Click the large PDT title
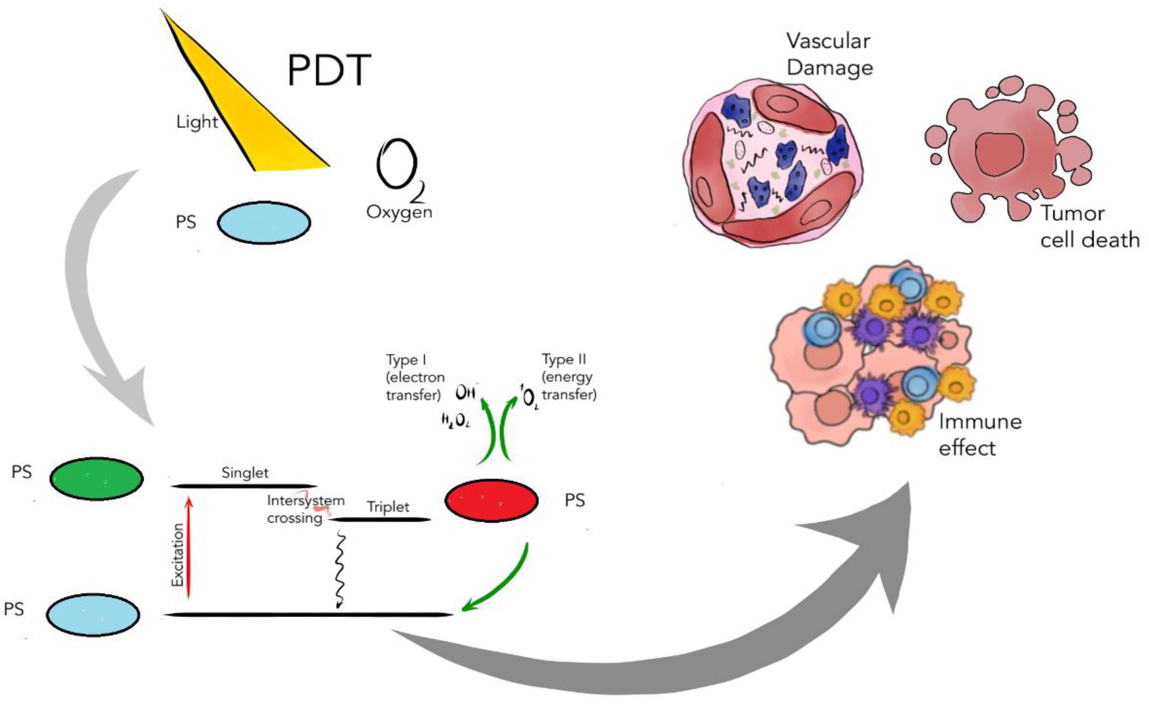329,70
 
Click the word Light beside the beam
197,122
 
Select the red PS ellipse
492,500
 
